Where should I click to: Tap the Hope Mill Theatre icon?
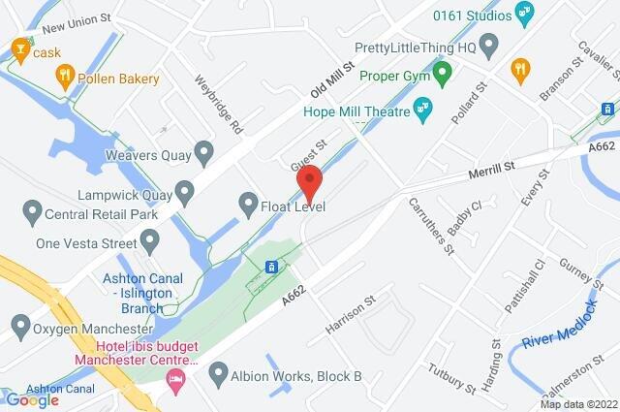[x=422, y=107]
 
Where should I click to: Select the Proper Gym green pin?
[x=443, y=74]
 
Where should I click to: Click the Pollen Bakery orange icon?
[x=65, y=74]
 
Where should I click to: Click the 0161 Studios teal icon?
[x=525, y=14]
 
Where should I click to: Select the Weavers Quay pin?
[x=203, y=151]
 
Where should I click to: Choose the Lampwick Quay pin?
[x=183, y=188]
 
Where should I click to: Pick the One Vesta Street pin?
[x=149, y=238]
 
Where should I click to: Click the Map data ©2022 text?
[x=577, y=403]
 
